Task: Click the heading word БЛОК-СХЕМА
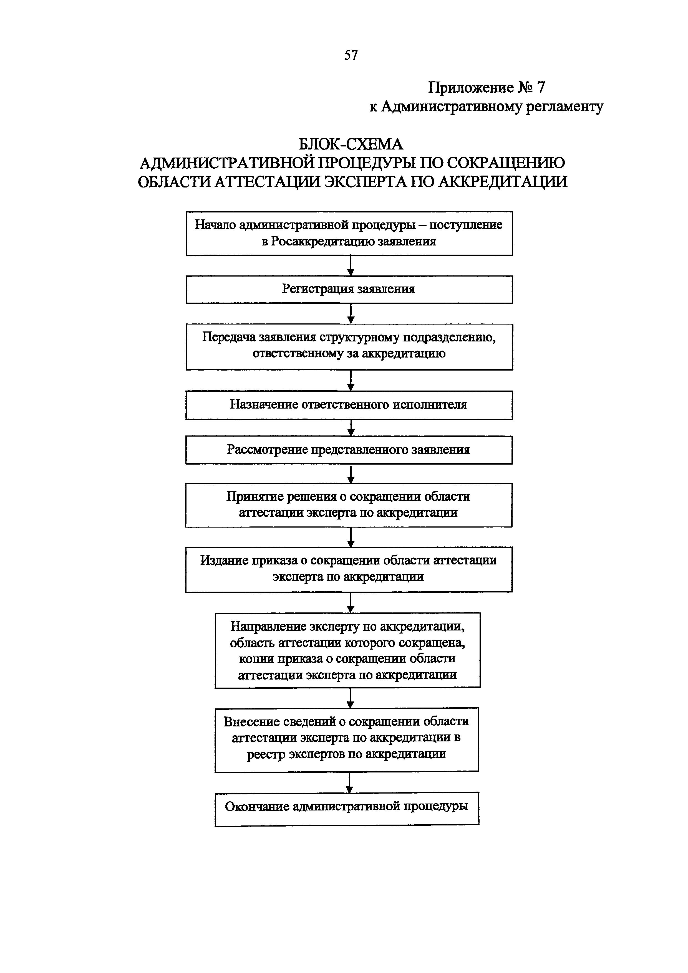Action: click(351, 145)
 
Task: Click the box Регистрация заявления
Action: click(349, 290)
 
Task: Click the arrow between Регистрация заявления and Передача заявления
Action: click(351, 314)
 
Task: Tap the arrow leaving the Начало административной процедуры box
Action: click(351, 266)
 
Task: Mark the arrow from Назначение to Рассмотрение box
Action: click(351, 428)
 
